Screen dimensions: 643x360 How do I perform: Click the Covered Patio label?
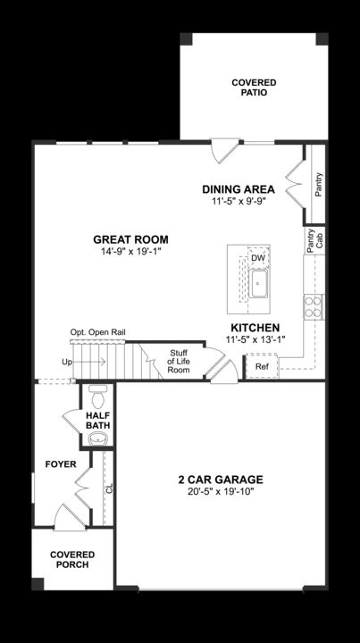[254, 87]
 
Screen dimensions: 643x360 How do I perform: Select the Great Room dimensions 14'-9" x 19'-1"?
[130, 252]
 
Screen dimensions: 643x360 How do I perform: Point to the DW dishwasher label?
[258, 259]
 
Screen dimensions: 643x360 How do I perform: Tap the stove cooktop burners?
[314, 306]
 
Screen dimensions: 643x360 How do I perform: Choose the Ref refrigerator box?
[262, 366]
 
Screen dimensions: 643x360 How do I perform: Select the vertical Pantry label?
[319, 186]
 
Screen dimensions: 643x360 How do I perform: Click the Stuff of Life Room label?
[180, 361]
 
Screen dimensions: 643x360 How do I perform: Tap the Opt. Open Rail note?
[98, 332]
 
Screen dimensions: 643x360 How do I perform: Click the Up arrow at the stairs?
[67, 362]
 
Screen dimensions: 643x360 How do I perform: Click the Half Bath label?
[98, 421]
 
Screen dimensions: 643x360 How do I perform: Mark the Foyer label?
[61, 464]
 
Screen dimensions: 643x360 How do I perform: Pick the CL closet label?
[109, 489]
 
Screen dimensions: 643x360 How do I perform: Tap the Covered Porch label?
[72, 559]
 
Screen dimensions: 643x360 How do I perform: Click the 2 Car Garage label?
[220, 480]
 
